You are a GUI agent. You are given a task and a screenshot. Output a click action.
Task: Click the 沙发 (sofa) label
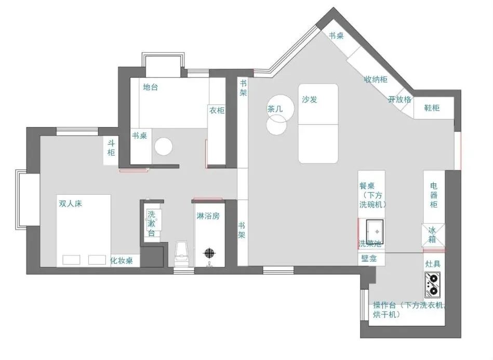[x=310, y=100]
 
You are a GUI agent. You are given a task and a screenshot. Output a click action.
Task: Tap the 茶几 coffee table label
[x=275, y=109]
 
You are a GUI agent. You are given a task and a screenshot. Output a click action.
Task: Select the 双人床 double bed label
[x=71, y=204]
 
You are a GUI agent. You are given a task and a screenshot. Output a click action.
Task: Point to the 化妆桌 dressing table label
[x=122, y=260]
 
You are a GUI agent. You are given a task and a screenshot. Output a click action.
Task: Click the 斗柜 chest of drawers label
[x=111, y=148]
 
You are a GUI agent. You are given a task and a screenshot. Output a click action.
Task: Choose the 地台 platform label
[x=150, y=87]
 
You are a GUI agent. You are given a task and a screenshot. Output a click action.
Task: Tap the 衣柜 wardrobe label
[x=217, y=110]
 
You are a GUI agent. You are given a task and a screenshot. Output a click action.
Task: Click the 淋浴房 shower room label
[x=208, y=216]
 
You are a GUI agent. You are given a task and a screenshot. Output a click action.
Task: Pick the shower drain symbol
[x=210, y=252]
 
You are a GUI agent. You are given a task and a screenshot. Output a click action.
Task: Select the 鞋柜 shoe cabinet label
[x=432, y=108]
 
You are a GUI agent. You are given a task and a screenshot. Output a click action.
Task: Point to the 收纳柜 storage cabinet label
[x=376, y=79]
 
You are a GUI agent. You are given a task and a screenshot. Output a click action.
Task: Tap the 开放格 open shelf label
[x=399, y=100]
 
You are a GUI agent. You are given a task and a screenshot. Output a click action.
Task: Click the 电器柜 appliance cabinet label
[x=434, y=195]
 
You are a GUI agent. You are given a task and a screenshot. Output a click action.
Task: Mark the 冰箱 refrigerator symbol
[x=433, y=235]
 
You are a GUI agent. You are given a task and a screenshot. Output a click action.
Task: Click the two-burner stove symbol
[x=432, y=285]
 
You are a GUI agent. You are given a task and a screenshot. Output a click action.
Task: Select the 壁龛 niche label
[x=369, y=259]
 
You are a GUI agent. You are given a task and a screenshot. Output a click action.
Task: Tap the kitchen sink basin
[x=375, y=231]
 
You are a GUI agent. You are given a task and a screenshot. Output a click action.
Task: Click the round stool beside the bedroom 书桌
[x=164, y=146]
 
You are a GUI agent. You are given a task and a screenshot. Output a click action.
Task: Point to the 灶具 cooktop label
[x=433, y=264]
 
